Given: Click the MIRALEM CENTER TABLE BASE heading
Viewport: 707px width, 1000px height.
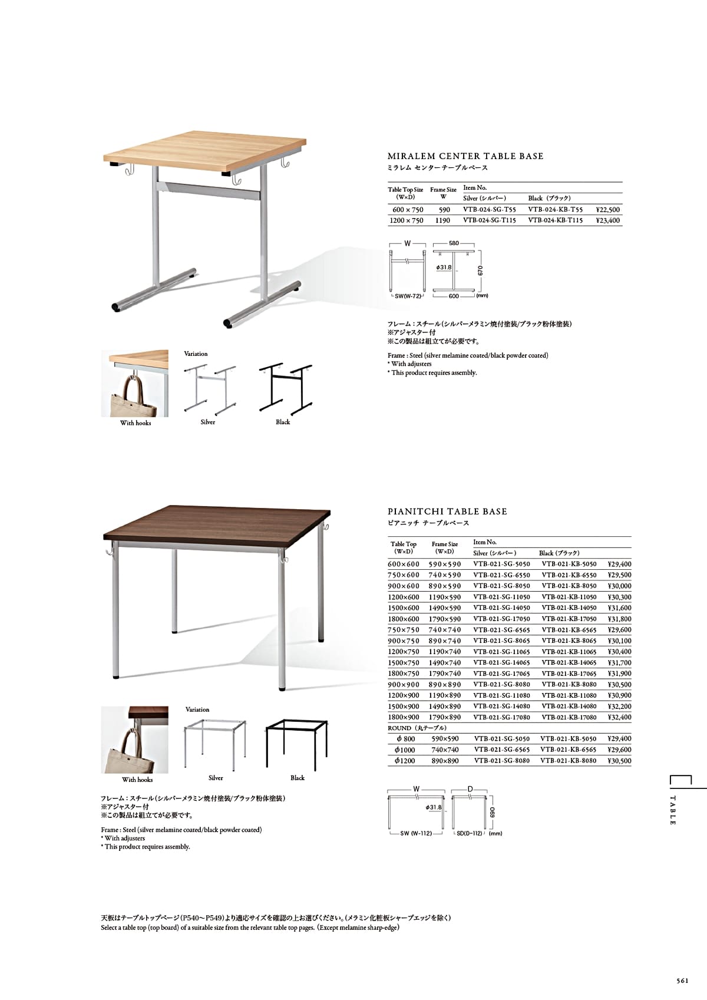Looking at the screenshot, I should (x=465, y=156).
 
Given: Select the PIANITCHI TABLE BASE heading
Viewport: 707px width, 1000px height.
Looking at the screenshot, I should (x=447, y=511).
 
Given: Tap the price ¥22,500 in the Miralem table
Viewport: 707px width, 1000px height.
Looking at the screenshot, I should (x=607, y=209).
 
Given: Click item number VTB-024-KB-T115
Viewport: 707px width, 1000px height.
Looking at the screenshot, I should (x=555, y=220).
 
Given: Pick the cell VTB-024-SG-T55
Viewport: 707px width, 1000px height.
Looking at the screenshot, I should (x=489, y=209).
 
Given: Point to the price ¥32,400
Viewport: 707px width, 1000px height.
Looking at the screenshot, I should (x=619, y=717).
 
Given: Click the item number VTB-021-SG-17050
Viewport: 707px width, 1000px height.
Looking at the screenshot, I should (x=501, y=619).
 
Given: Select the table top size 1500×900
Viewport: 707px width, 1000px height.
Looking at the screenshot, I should (x=404, y=707).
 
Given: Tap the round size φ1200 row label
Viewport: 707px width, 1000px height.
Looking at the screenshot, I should (x=405, y=761).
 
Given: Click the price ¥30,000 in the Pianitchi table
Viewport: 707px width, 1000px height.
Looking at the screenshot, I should (x=619, y=586).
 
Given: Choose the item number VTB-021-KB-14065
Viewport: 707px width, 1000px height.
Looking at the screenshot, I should (x=569, y=662).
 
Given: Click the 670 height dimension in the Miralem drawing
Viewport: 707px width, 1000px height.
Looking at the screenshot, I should (x=481, y=270).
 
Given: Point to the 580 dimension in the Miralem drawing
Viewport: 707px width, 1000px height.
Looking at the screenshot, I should (x=454, y=243).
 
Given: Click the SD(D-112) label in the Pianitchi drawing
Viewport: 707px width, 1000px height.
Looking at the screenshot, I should (x=470, y=833).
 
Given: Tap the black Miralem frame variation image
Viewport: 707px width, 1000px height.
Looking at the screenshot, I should (x=285, y=388).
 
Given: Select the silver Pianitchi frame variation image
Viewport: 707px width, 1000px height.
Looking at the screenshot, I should (x=216, y=743).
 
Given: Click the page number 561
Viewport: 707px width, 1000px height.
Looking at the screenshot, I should (x=682, y=981).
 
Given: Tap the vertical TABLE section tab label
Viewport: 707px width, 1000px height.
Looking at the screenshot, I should (x=673, y=810).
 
